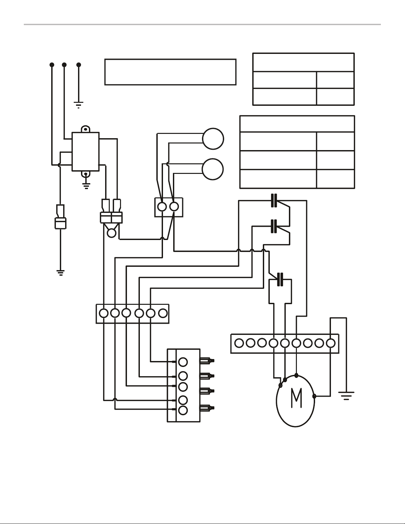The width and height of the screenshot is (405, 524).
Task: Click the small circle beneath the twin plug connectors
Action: (x=112, y=233)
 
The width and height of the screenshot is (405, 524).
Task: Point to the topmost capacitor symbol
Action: (x=274, y=200)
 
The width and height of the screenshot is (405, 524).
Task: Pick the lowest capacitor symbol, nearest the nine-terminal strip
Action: (x=280, y=279)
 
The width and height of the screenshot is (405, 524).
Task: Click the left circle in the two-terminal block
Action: (x=162, y=207)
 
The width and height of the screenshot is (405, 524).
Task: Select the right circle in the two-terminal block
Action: (x=174, y=206)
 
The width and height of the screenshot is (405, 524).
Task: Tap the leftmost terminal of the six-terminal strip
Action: (x=104, y=313)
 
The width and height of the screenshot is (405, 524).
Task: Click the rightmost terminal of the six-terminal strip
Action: (x=163, y=313)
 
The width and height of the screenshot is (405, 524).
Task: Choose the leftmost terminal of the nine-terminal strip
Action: (x=239, y=343)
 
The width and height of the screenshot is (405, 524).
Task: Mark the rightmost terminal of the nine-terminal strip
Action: (x=331, y=343)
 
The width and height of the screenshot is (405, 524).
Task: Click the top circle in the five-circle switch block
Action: (x=183, y=362)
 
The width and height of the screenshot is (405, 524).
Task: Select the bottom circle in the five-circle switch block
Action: (x=183, y=410)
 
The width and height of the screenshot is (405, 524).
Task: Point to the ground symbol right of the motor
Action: (x=346, y=396)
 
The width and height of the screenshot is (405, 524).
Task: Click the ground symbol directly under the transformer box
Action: (x=86, y=186)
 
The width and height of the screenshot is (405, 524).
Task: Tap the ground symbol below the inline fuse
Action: (x=61, y=273)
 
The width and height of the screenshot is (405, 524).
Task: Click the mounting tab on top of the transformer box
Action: (x=85, y=129)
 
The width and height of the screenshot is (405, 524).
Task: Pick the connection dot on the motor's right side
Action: (x=314, y=396)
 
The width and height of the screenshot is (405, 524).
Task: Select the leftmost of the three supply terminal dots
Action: (x=52, y=65)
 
